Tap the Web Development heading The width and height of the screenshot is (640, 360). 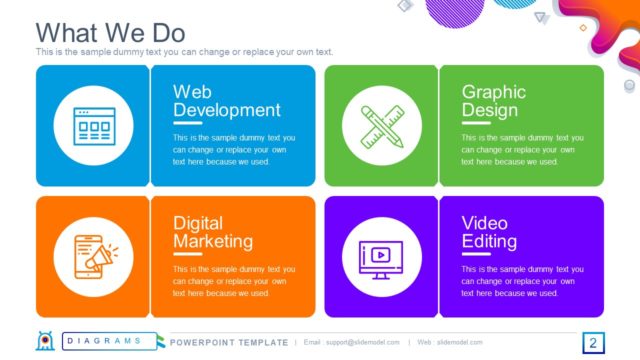coord(226,101)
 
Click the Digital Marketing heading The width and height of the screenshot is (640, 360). coord(212,232)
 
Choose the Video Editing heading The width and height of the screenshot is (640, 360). coord(489,232)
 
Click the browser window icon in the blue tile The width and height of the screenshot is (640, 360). coord(93,126)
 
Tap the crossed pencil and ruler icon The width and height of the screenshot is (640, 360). coord(380,126)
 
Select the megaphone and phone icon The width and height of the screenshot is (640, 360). coord(93,256)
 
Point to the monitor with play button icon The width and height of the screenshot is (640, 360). coord(380,256)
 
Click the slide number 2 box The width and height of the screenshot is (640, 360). coord(592,344)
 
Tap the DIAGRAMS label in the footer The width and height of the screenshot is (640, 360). coord(104,342)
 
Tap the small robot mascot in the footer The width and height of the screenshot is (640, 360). coord(45,342)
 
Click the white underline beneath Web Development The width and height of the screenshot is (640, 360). coord(187,123)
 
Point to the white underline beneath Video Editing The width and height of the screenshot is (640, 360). coord(475,254)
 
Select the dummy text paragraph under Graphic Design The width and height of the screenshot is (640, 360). coord(517,149)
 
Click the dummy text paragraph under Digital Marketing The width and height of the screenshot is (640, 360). coord(233,281)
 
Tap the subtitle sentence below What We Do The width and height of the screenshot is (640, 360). coord(183,52)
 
